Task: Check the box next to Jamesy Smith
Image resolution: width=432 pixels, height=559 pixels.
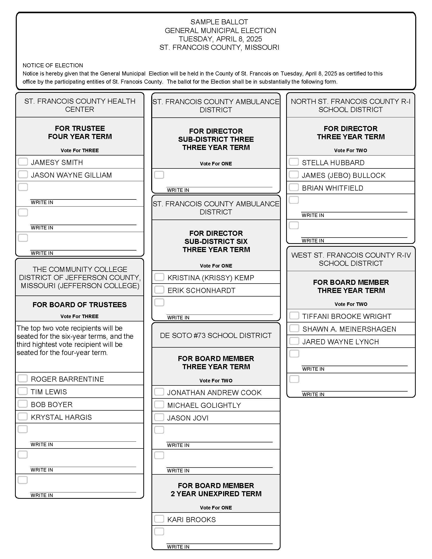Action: tap(23, 162)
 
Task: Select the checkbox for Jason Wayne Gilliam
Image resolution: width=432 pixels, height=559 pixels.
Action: tap(23, 174)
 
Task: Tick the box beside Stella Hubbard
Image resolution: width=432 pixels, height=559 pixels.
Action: tap(294, 162)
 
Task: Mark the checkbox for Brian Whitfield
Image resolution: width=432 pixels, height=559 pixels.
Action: tap(294, 187)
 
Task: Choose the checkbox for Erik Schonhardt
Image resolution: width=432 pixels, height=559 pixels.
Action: tap(159, 290)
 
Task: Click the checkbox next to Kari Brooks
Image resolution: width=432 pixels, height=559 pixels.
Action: tap(159, 519)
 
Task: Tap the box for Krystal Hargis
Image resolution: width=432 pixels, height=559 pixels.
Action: tap(23, 416)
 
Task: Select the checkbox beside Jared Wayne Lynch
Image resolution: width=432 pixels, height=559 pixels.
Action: tap(294, 341)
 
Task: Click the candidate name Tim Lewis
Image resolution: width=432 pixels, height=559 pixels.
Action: tap(49, 392)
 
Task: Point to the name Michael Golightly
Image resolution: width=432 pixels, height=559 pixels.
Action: tap(204, 405)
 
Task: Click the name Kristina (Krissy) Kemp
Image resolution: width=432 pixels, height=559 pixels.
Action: tap(211, 278)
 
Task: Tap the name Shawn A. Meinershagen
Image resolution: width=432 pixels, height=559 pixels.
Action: tap(349, 329)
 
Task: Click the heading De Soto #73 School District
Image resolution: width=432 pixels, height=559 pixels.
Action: tap(216, 335)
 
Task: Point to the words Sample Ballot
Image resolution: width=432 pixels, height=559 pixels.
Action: tap(219, 22)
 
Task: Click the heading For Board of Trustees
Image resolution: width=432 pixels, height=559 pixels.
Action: tap(80, 305)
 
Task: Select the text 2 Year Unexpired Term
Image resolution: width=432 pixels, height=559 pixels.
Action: tap(216, 494)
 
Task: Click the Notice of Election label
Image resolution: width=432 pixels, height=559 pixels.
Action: tap(53, 65)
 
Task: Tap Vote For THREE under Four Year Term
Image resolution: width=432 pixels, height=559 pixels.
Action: tap(80, 150)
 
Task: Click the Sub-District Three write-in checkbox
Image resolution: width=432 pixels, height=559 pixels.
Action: tap(159, 175)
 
